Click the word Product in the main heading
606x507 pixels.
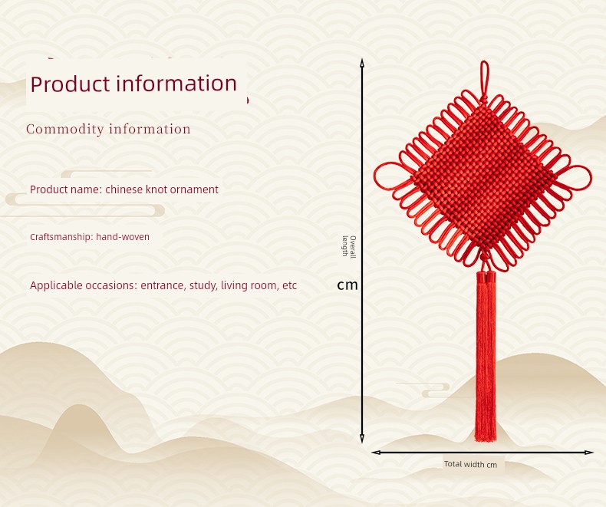(70, 84)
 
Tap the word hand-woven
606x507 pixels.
(123, 236)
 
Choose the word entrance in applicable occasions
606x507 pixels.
(163, 285)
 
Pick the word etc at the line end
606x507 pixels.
(289, 285)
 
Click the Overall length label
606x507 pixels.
(349, 246)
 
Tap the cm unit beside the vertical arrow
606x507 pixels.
(347, 285)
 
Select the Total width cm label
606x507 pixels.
(470, 464)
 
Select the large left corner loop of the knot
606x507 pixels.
(375, 176)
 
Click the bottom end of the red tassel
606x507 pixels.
(486, 440)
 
